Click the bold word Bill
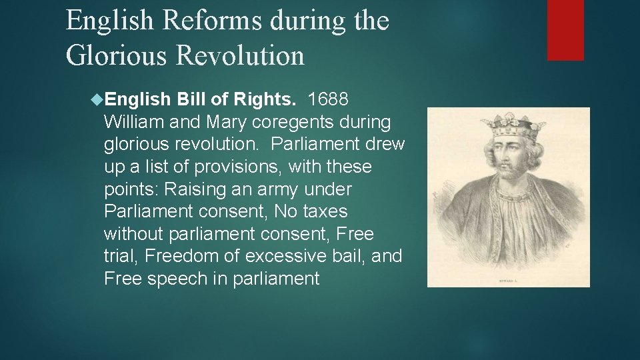click(193, 100)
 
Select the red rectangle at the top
click(565, 30)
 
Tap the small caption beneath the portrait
click(509, 280)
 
